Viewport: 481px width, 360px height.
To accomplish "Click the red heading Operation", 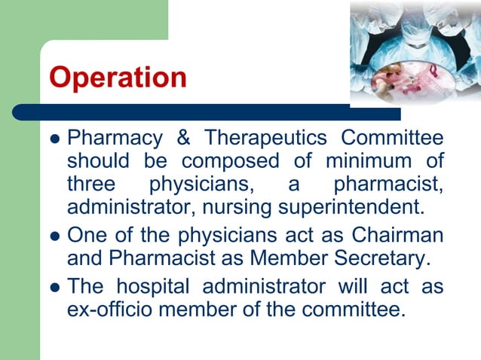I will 118,78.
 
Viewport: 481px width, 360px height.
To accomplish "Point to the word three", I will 91,183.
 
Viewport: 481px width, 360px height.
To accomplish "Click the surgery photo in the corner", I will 415,52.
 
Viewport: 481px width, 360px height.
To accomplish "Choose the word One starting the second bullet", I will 86,235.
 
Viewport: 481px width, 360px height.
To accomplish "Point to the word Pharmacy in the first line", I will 115,139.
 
